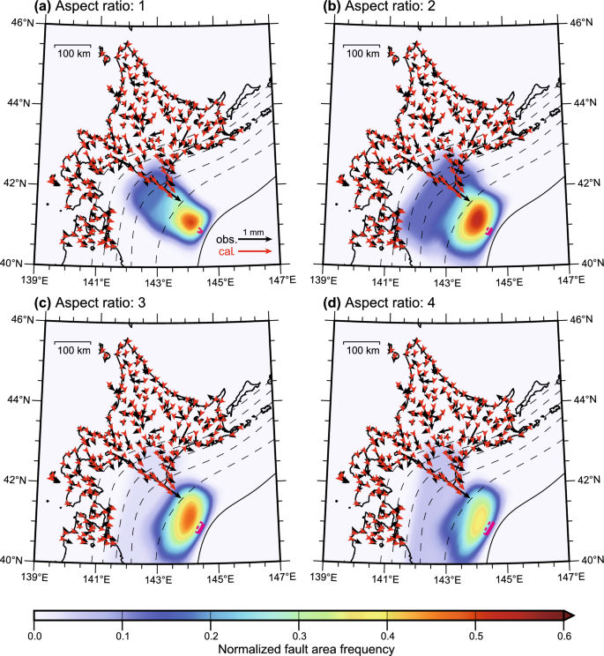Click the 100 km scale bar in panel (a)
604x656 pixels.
tap(73, 44)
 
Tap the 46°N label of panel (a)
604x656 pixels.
tap(17, 21)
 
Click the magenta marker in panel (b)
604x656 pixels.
tap(490, 231)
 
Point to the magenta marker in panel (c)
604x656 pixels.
tap(201, 527)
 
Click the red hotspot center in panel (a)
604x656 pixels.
tap(189, 218)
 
